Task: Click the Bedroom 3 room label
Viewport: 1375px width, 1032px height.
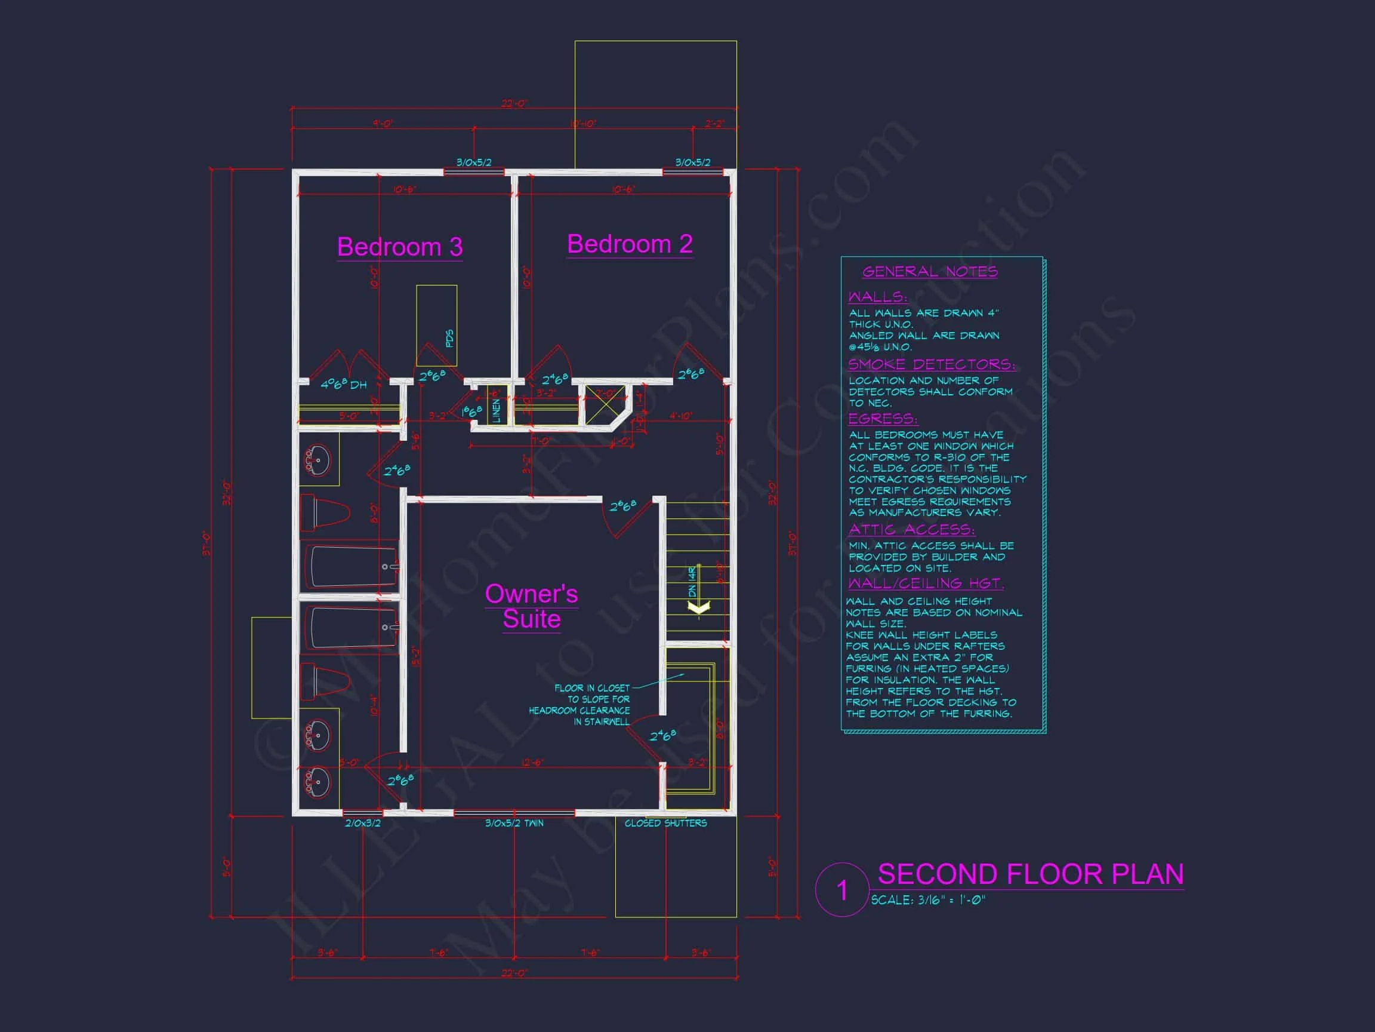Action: (400, 247)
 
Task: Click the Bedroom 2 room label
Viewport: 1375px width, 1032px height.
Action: (630, 244)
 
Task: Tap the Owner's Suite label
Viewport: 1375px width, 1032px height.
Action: (532, 607)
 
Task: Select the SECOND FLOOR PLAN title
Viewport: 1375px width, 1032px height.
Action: (1030, 874)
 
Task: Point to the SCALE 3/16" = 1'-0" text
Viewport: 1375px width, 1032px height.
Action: (927, 900)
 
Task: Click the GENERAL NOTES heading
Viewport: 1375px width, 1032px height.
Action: (930, 271)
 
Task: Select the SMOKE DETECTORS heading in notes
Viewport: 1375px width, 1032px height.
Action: (931, 364)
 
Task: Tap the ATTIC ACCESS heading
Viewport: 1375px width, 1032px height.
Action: (911, 529)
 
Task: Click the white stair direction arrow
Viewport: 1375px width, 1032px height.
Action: (699, 607)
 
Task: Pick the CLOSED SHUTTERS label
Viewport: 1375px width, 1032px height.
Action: (666, 823)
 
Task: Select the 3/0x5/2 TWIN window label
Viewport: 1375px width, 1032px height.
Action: (514, 823)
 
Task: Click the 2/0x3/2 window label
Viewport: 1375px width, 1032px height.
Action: (362, 823)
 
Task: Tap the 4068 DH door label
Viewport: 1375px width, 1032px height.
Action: (343, 385)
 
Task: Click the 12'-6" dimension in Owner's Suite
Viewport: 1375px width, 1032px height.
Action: (532, 762)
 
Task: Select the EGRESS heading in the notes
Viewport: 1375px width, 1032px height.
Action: (883, 418)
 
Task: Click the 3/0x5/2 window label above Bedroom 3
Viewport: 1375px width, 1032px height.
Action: (474, 162)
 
